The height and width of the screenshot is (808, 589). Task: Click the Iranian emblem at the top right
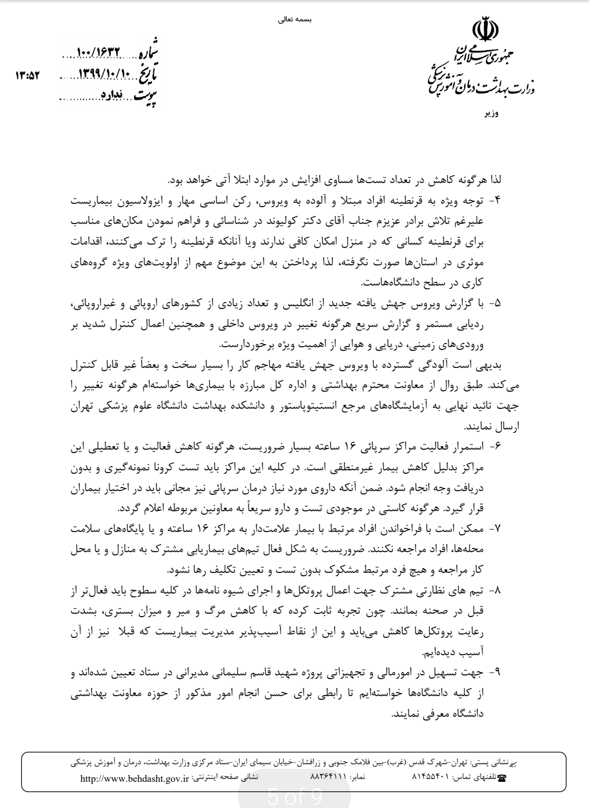[x=481, y=29]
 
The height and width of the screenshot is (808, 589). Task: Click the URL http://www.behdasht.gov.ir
[x=135, y=779]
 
